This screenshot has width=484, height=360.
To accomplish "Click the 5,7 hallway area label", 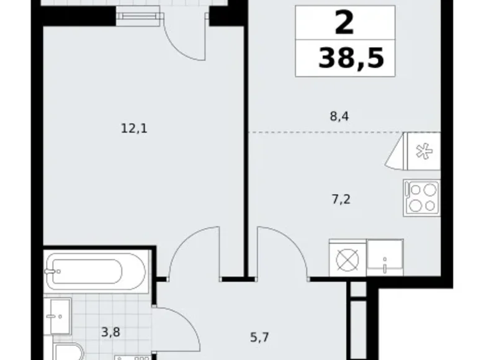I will click(x=259, y=339).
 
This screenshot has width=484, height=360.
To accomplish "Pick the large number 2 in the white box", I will click(x=344, y=24).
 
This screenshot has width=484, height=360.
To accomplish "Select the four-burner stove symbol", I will click(x=421, y=197).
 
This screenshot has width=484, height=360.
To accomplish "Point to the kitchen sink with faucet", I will click(x=385, y=256).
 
